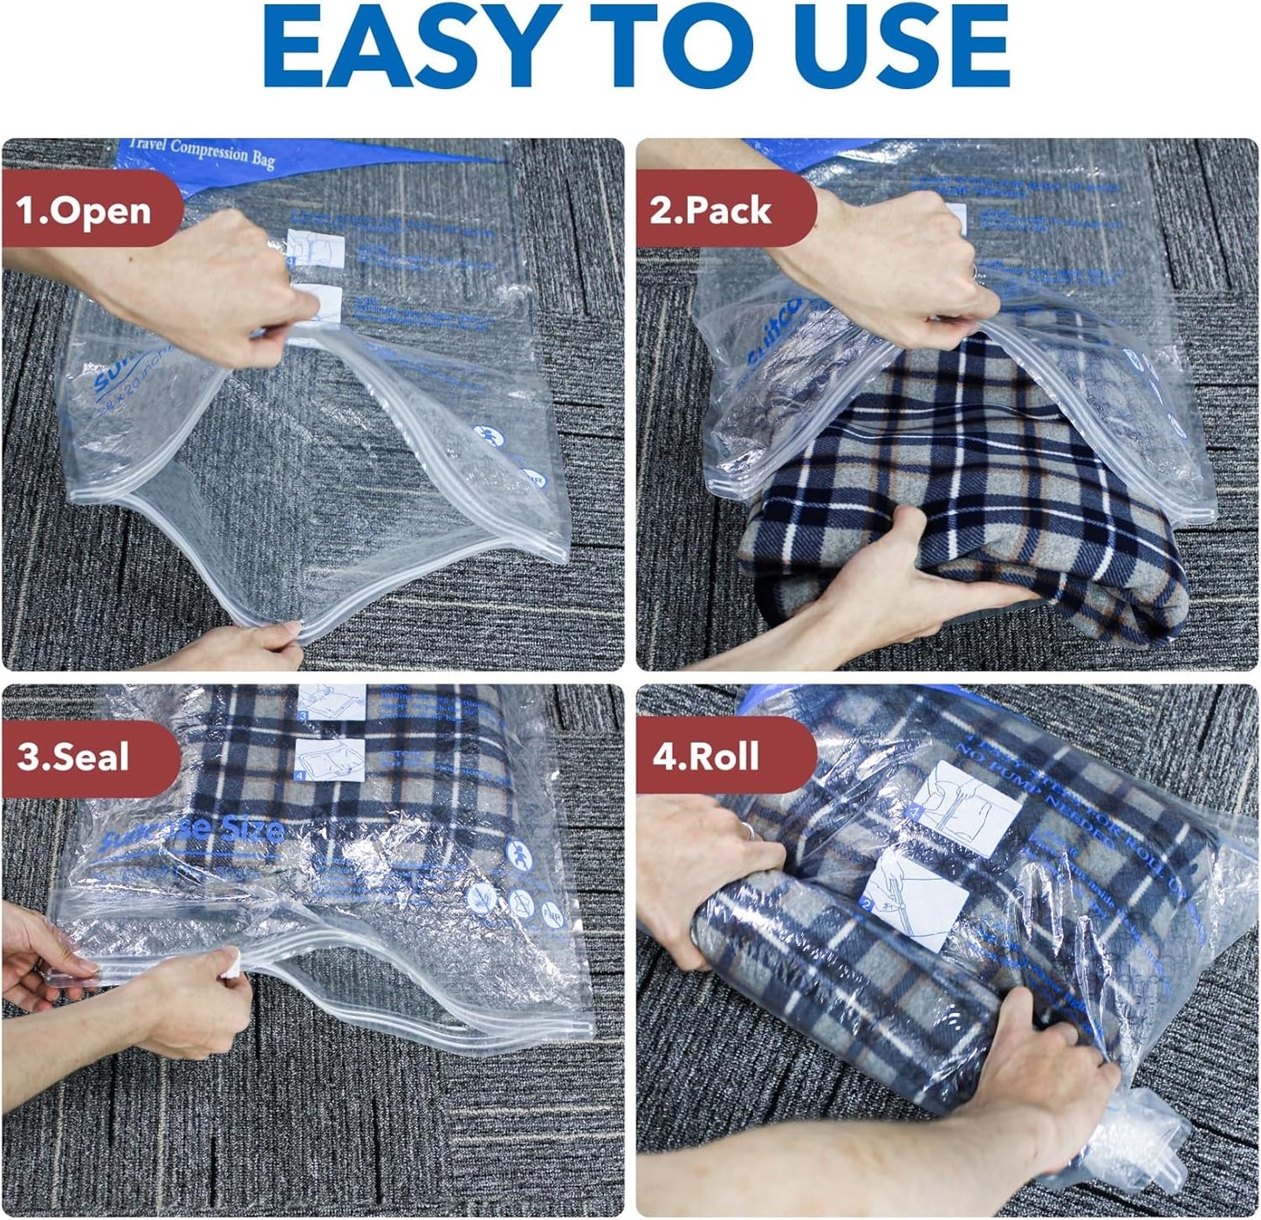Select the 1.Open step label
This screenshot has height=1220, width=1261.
coord(84,210)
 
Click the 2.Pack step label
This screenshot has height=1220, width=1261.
coord(710,210)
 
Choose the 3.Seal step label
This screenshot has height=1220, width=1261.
coord(73,756)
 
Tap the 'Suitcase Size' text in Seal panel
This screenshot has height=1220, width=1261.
coord(192,834)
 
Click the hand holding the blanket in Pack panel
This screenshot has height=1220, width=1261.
coord(873,593)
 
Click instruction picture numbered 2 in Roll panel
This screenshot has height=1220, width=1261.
coord(921,899)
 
